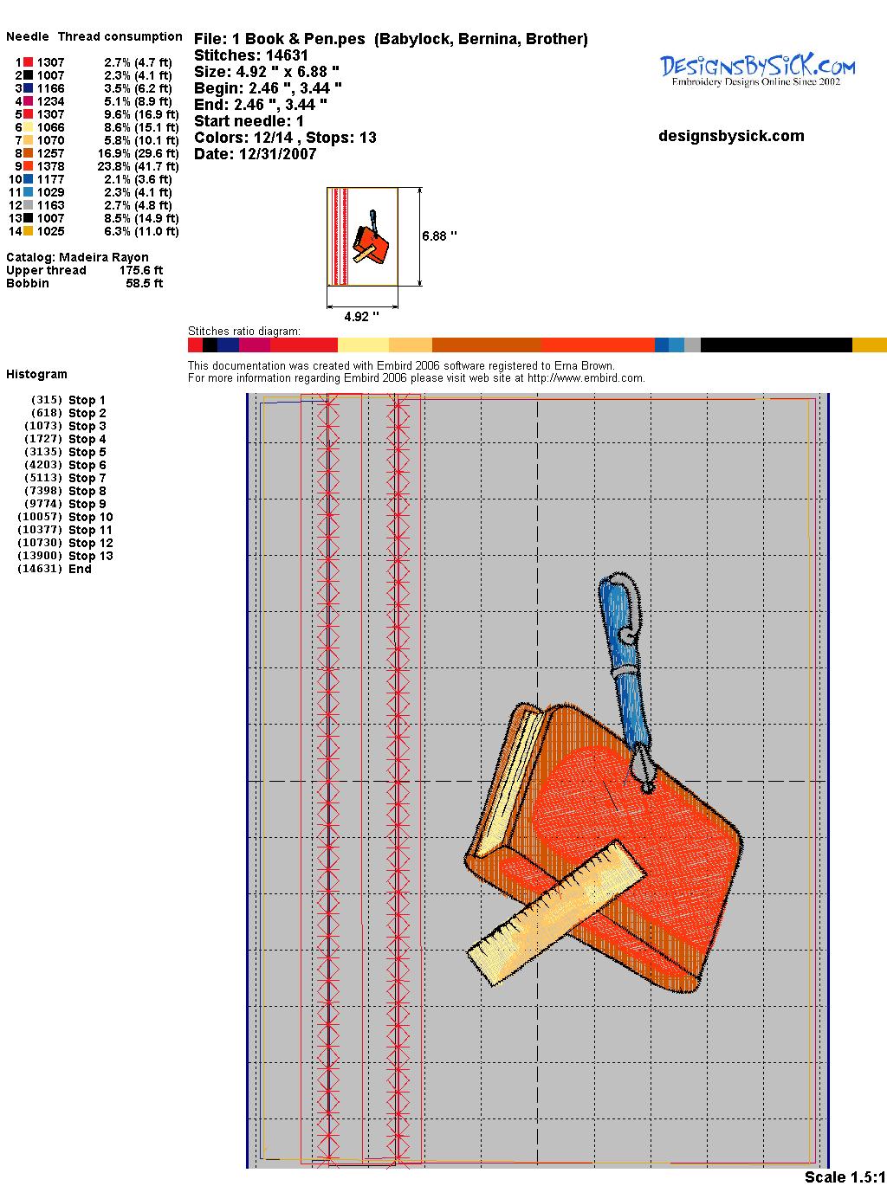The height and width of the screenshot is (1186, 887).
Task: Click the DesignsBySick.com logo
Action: click(x=757, y=70)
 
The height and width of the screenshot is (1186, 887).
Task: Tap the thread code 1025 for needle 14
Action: click(x=51, y=231)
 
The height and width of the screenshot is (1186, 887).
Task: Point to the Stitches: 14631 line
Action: click(x=251, y=55)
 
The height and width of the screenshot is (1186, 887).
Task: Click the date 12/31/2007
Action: click(x=278, y=154)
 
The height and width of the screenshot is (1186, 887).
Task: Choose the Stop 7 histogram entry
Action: click(x=65, y=478)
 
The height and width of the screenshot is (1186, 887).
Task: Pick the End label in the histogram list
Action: click(x=80, y=569)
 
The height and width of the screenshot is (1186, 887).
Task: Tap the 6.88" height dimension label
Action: click(x=439, y=236)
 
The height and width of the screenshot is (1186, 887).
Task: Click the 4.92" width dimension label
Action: click(x=361, y=316)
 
